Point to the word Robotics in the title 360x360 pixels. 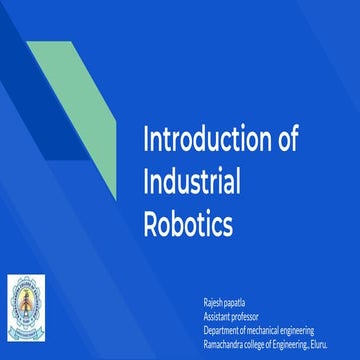pos(188,224)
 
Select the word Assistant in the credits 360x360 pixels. pos(217,316)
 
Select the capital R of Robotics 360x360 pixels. pos(152,224)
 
